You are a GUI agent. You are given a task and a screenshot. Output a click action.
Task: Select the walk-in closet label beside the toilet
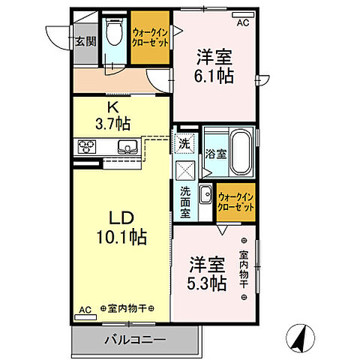[x=149, y=38]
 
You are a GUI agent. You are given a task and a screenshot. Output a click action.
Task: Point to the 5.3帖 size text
[x=206, y=283]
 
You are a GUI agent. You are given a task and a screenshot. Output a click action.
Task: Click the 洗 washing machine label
[x=184, y=142]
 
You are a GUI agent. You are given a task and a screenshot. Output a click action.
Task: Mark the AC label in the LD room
[x=85, y=308]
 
